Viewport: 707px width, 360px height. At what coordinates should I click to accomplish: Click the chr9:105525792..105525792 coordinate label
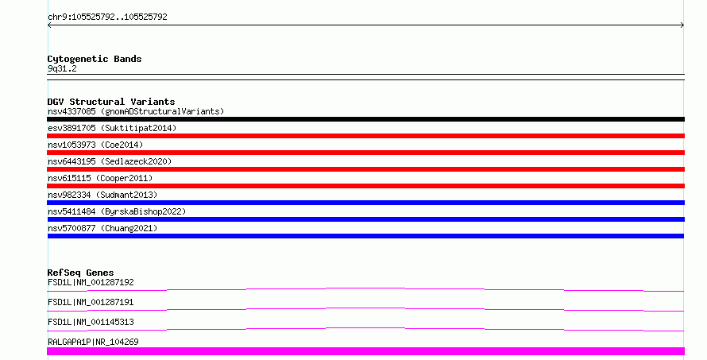click(107, 17)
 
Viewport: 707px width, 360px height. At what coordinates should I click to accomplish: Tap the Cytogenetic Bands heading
click(95, 59)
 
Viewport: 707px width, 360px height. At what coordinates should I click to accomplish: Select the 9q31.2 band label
click(62, 68)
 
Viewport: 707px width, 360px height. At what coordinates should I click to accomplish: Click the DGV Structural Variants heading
click(111, 102)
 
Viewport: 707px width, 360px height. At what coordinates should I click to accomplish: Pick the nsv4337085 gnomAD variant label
click(136, 111)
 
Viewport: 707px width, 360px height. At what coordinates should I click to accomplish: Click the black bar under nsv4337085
click(365, 119)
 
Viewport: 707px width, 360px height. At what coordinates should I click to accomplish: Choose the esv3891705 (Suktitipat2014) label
click(112, 128)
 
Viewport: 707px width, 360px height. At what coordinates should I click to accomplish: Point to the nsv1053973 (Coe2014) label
click(95, 145)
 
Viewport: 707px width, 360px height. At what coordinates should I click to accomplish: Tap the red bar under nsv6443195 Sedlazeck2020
click(365, 169)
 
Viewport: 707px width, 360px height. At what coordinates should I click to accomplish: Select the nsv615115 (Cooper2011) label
click(100, 178)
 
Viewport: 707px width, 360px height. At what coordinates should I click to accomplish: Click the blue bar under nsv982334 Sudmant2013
click(365, 203)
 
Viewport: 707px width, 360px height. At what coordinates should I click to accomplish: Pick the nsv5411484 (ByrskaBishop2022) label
click(117, 211)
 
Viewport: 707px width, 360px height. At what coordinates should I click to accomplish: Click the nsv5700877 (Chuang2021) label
click(102, 228)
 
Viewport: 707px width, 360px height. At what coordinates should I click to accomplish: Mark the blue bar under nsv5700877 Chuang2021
click(365, 236)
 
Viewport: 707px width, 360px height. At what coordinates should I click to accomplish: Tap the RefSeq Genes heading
click(80, 273)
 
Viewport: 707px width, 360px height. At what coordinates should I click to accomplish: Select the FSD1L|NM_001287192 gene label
click(91, 282)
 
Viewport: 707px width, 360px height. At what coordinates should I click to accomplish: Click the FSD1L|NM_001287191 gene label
click(91, 302)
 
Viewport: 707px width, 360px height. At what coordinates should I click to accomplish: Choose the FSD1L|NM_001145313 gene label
click(91, 322)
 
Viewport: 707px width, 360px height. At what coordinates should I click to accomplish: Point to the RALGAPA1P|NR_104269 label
click(93, 342)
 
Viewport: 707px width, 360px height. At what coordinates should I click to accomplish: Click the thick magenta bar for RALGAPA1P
click(365, 351)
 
